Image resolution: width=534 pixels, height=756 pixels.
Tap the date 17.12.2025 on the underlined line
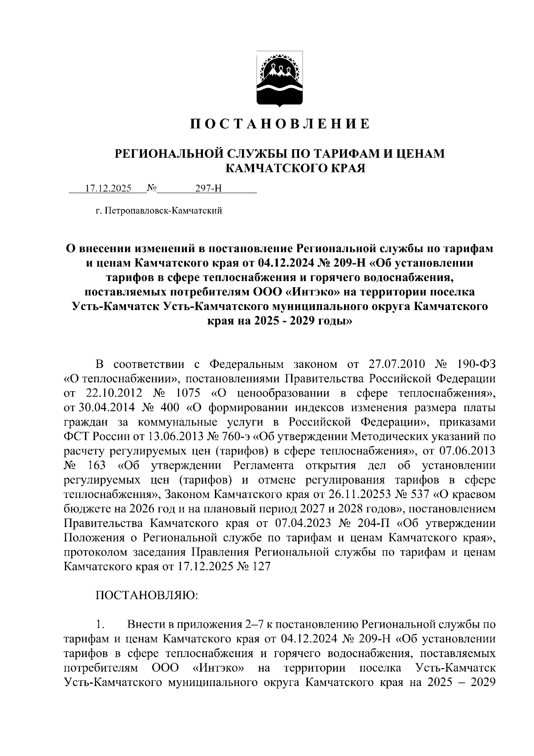[108, 188]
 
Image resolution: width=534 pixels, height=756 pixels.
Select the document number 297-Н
[209, 188]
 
